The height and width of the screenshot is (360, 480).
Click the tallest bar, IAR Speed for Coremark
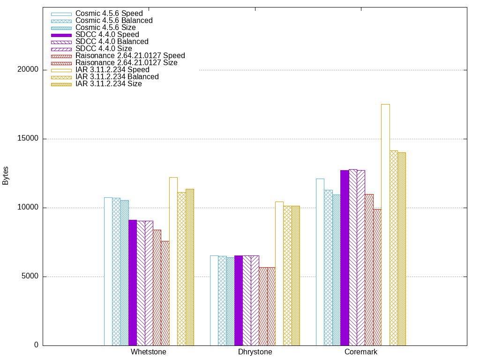click(x=385, y=225)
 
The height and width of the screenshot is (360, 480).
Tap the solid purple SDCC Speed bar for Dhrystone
click(x=238, y=300)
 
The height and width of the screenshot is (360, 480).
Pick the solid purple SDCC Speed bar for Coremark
click(x=345, y=258)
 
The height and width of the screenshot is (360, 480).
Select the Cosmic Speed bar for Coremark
click(x=320, y=262)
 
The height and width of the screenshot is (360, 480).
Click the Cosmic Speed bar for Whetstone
click(x=108, y=271)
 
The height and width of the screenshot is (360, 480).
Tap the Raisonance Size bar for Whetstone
click(x=165, y=293)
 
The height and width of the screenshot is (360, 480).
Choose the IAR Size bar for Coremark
click(x=401, y=249)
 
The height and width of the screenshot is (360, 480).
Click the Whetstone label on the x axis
click(x=149, y=352)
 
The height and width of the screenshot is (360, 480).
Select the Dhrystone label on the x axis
click(x=255, y=352)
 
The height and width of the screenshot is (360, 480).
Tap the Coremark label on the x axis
click(x=361, y=352)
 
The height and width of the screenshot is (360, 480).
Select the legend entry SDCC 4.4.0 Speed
click(x=107, y=35)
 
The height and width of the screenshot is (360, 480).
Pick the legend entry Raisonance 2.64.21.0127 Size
click(x=126, y=63)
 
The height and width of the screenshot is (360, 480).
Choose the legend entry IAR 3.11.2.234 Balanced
click(x=117, y=77)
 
